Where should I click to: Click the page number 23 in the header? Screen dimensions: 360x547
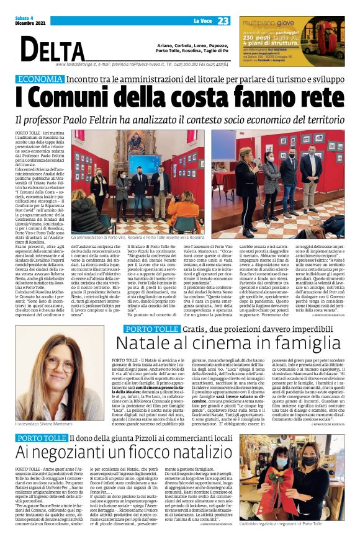tap(223, 21)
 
